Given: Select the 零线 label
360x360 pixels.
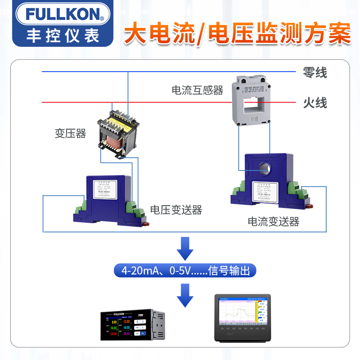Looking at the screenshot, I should [315, 72].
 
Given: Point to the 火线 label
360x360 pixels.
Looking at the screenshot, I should [315, 103].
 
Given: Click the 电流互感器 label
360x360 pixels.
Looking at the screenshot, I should [198, 90].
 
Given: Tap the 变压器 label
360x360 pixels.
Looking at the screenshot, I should [70, 133].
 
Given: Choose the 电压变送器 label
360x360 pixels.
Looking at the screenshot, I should [176, 210].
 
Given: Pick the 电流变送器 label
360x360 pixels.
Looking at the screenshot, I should [273, 221].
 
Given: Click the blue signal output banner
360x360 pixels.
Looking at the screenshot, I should [185, 271].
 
